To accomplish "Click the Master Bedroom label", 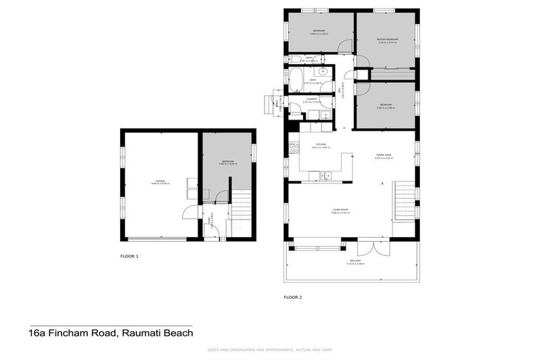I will coord(387,39).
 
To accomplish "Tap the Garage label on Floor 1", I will coord(156,181).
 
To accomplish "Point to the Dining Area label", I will coord(384,156).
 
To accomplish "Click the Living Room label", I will coord(342,210).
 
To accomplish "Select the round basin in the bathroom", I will coord(325,72).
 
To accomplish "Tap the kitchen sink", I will coord(326,176).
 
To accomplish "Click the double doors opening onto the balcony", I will coord(369,247).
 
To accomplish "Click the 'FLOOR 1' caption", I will coord(129,257).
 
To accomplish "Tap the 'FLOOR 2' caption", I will coord(292,297).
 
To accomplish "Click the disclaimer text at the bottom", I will coord(270,350).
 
